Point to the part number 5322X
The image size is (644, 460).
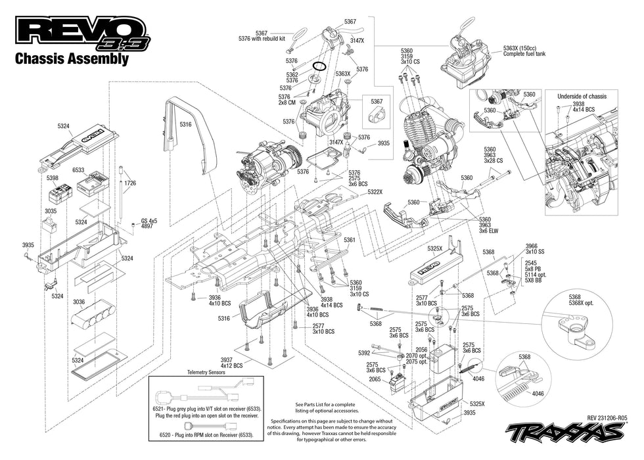[375, 191]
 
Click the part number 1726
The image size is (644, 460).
[130, 183]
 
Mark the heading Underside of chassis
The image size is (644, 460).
[582, 97]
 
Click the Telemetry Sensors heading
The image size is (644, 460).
[206, 371]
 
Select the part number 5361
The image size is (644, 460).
[349, 240]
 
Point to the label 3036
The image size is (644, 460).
[79, 302]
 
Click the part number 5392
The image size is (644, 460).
[364, 353]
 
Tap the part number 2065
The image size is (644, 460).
[374, 379]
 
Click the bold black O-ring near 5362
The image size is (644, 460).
[319, 66]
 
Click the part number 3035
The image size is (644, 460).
[51, 211]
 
